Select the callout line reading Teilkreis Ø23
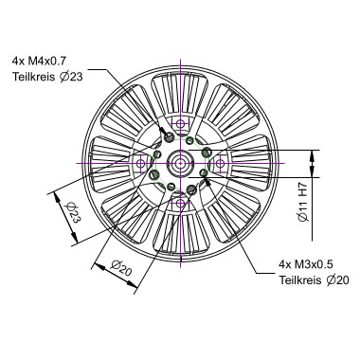(x=47, y=77)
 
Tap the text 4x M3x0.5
(x=306, y=264)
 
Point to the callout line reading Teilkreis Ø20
(x=314, y=280)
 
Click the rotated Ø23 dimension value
(x=71, y=212)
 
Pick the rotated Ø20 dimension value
(x=120, y=268)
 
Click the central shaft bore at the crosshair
(x=180, y=163)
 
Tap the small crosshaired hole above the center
(x=180, y=123)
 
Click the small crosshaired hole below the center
(x=180, y=203)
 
